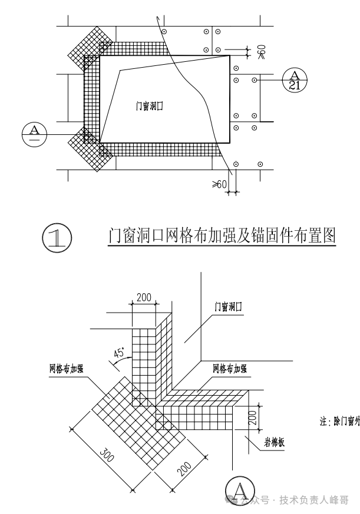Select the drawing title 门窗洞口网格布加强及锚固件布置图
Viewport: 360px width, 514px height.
pos(223,236)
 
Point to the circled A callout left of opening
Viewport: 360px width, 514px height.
pos(34,132)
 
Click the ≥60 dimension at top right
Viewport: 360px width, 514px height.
pos(261,52)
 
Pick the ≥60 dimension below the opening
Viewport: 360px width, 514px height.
pos(219,184)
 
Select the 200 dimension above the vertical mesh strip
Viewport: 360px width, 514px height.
pos(144,297)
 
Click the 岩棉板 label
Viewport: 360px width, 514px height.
pos(273,442)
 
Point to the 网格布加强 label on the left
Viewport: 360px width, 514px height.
pos(66,369)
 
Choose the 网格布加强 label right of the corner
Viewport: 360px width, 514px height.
pos(230,369)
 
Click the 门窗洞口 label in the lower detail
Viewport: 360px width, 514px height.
pos(229,307)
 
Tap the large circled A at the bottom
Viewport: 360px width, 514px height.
pos(240,490)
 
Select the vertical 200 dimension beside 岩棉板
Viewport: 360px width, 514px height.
pos(252,419)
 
